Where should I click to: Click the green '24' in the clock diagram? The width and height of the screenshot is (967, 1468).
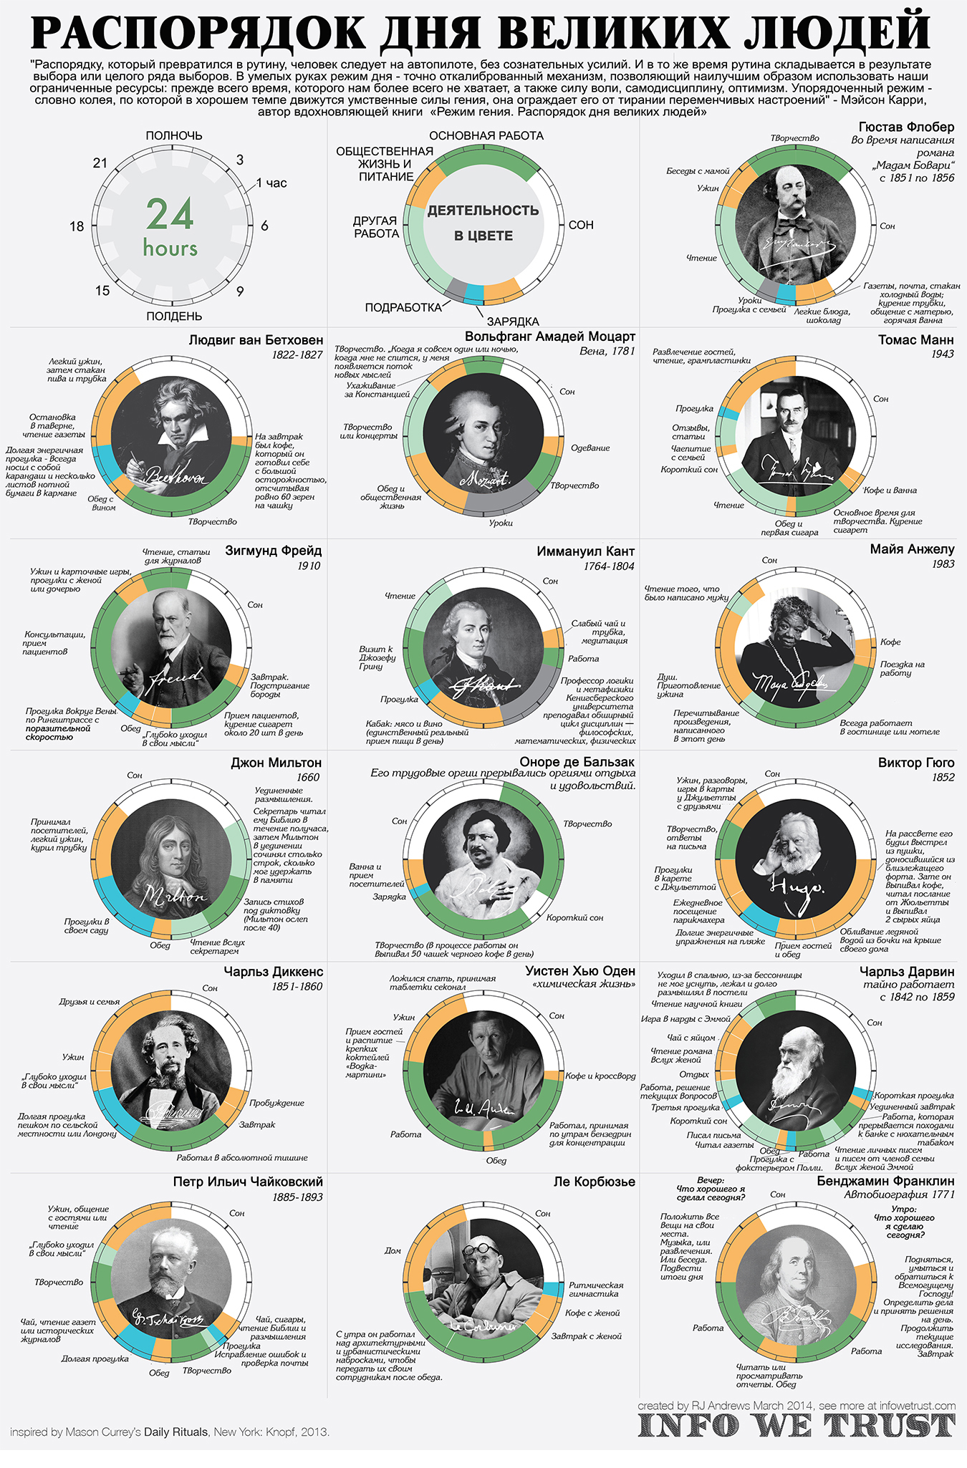[170, 214]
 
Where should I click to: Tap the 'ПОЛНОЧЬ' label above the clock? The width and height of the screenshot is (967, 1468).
[174, 135]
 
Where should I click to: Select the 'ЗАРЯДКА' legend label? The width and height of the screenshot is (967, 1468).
[513, 322]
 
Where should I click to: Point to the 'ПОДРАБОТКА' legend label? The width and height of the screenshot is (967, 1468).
[403, 307]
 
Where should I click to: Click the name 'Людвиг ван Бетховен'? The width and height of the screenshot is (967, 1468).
[256, 340]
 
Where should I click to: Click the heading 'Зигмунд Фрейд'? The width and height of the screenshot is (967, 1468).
[273, 551]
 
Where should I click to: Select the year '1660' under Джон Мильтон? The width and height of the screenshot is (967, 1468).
[308, 777]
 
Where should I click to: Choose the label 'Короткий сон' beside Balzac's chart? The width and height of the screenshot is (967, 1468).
[574, 917]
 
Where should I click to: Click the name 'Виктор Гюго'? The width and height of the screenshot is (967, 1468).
[916, 763]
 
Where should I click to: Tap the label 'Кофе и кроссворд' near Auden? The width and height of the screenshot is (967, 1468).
[600, 1076]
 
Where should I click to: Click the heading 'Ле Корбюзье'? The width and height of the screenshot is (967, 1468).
[594, 1182]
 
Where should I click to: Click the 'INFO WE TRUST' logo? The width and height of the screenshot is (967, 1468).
[797, 1425]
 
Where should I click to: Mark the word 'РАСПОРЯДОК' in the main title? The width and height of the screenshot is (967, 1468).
[198, 32]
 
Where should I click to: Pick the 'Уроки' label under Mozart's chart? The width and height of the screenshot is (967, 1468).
[501, 523]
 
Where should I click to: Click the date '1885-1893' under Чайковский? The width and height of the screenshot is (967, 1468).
[297, 1197]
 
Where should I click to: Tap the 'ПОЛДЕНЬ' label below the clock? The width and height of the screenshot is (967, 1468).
[174, 316]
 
